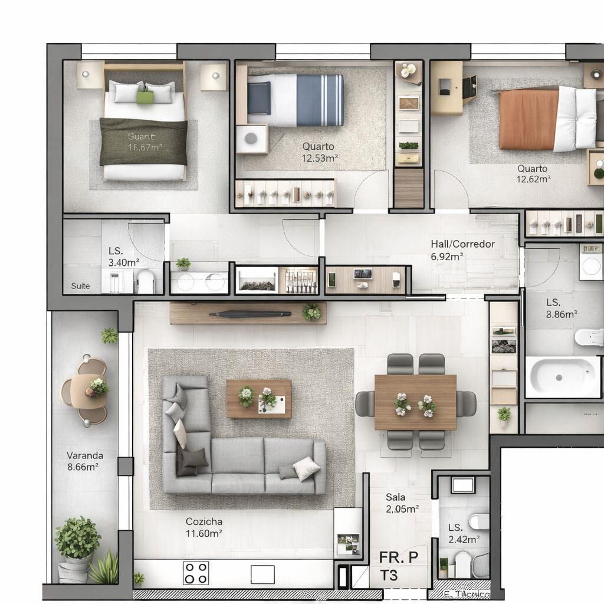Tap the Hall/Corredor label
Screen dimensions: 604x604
pyautogui.click(x=463, y=250)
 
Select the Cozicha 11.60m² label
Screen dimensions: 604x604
pyautogui.click(x=204, y=527)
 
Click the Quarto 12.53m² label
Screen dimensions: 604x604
pyautogui.click(x=319, y=152)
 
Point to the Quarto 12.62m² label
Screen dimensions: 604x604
pyautogui.click(x=533, y=174)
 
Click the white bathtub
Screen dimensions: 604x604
pyautogui.click(x=562, y=376)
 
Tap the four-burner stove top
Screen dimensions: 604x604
pyautogui.click(x=196, y=573)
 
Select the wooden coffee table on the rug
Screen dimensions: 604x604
pyautogui.click(x=258, y=399)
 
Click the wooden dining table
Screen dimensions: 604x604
pyautogui.click(x=415, y=402)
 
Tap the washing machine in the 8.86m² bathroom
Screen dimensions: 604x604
pyautogui.click(x=591, y=265)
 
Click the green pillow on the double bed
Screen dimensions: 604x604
pyautogui.click(x=145, y=95)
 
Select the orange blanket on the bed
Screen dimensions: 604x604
pyautogui.click(x=527, y=120)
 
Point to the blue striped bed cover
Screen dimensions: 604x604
pyautogui.click(x=320, y=100)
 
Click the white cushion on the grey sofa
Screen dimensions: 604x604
pyautogui.click(x=306, y=469)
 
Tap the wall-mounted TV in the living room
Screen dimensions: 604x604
pyautogui.click(x=250, y=314)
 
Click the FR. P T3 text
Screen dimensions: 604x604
pyautogui.click(x=399, y=566)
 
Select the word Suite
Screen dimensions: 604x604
pyautogui.click(x=81, y=286)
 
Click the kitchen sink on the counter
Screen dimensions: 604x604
pyautogui.click(x=262, y=574)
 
